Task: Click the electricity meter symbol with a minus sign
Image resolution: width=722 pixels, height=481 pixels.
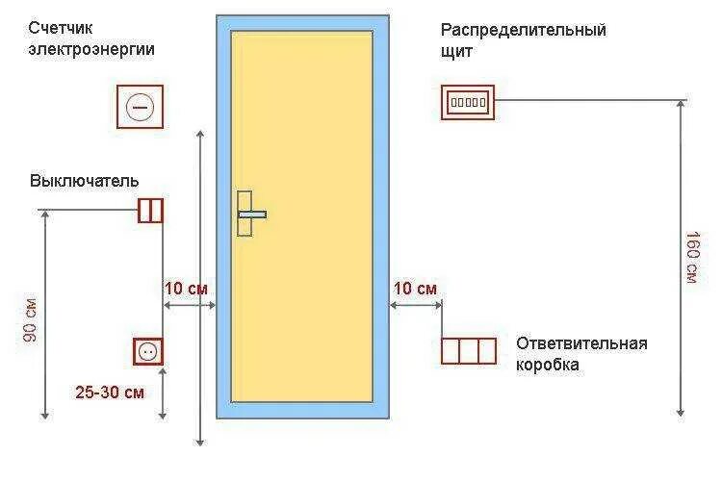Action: point(140,107)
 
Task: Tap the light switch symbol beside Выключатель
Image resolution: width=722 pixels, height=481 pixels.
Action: point(150,210)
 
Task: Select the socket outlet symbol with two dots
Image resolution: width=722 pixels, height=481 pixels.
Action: point(148,351)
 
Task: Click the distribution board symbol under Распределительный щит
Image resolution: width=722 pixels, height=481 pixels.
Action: point(467,101)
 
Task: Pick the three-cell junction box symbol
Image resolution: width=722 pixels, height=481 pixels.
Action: point(469,351)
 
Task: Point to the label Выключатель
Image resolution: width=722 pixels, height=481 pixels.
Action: point(85,181)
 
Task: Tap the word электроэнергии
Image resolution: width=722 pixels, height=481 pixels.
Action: point(91,49)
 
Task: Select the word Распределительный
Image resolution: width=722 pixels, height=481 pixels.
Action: point(524,30)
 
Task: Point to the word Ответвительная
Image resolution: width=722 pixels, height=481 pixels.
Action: point(581,343)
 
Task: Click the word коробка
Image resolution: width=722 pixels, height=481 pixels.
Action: point(547,366)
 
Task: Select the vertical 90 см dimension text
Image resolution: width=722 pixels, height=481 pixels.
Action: point(31,321)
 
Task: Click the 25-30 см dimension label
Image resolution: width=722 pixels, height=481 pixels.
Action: point(111,392)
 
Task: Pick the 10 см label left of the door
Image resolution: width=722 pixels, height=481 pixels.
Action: point(186,288)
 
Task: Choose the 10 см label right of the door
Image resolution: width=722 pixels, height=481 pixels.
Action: point(416,288)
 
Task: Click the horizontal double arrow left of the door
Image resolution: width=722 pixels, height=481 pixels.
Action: point(189,305)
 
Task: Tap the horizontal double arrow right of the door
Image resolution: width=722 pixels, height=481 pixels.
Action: point(416,305)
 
